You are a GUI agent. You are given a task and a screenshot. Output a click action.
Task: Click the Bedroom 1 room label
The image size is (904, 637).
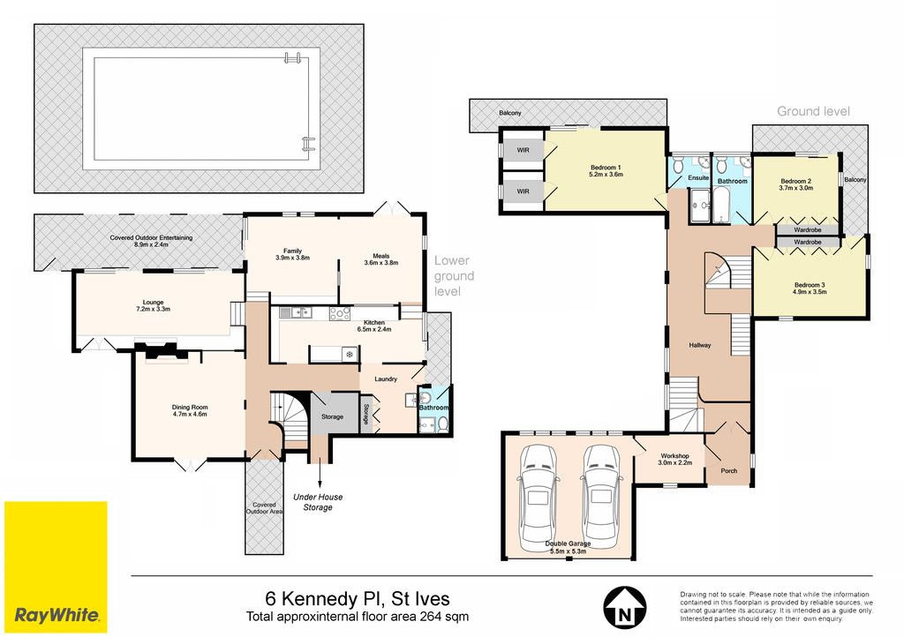click(x=606, y=170)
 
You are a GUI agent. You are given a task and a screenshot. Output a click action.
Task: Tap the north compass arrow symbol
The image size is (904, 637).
click(x=624, y=608)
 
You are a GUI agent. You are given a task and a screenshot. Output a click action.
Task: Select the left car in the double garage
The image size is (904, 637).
click(x=538, y=498)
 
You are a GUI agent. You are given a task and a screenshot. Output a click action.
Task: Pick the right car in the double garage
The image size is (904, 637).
click(x=600, y=498)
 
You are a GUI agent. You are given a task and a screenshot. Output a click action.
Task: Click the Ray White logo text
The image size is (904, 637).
click(x=56, y=615)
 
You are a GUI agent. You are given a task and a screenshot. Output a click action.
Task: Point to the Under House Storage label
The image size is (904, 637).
click(x=318, y=502)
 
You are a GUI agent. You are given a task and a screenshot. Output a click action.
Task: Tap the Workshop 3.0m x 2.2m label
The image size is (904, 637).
click(x=675, y=459)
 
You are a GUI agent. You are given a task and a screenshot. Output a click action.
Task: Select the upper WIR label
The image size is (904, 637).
click(x=523, y=150)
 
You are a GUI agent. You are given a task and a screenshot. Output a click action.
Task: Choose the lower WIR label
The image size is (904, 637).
click(x=523, y=191)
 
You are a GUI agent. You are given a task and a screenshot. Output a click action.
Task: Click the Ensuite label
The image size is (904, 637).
click(x=698, y=178)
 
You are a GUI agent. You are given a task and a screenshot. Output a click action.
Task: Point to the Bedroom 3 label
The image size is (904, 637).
click(x=810, y=288)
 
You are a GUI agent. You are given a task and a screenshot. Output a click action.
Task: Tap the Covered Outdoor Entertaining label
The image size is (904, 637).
click(x=151, y=241)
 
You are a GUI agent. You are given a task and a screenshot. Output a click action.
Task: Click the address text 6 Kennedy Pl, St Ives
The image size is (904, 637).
click(x=358, y=599)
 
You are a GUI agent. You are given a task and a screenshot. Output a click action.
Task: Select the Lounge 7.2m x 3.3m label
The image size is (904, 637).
click(x=154, y=305)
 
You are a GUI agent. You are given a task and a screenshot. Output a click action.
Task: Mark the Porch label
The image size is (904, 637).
click(x=728, y=470)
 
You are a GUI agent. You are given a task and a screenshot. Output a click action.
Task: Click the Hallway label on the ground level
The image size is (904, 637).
click(x=700, y=345)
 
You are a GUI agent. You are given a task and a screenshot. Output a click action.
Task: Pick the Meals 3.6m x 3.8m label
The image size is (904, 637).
click(x=381, y=259)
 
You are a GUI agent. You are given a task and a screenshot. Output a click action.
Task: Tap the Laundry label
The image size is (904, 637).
click(x=386, y=379)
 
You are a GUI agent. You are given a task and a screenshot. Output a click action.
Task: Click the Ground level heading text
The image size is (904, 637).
click(x=813, y=111)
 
